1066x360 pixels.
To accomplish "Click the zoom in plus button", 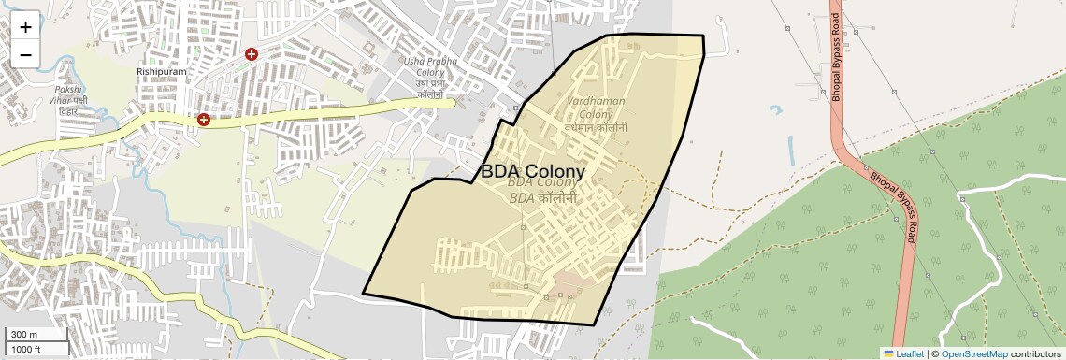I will (x=25, y=28).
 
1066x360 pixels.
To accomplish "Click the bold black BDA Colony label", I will (x=532, y=172).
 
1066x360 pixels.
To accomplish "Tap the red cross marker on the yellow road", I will (x=203, y=120).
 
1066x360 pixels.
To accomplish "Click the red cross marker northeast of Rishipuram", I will (x=251, y=55).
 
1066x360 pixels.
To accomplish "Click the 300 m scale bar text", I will (x=24, y=335).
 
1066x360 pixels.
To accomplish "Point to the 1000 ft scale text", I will (x=26, y=349).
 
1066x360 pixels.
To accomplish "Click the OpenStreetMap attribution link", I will (x=973, y=353).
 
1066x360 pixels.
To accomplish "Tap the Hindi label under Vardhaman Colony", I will (x=595, y=127).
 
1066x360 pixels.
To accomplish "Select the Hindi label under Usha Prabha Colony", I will (x=430, y=94).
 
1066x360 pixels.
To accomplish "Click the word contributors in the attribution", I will (x=1035, y=353).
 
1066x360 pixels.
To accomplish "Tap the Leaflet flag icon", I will (x=888, y=353).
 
